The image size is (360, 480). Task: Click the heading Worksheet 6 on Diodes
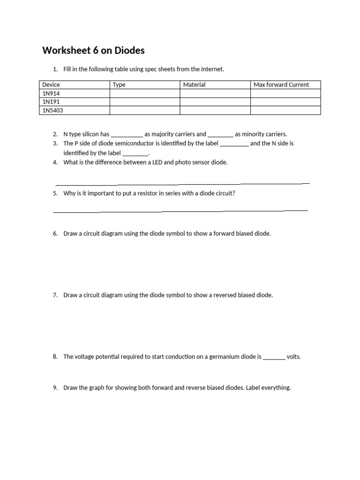(93, 50)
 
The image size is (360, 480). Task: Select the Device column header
(51, 85)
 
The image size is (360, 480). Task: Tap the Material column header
(194, 85)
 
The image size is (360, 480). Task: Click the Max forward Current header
(281, 85)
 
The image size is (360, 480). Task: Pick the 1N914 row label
(51, 93)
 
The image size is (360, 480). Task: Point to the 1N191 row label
(51, 102)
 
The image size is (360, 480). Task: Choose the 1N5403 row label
(52, 110)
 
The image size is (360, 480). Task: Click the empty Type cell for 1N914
(145, 93)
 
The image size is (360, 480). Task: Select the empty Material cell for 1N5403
(215, 110)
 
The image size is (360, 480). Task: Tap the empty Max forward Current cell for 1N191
(285, 102)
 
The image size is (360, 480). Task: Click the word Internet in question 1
(212, 69)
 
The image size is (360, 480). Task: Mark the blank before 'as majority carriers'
(127, 135)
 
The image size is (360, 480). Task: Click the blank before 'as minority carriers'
(220, 135)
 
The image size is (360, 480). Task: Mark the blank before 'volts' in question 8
(274, 357)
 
